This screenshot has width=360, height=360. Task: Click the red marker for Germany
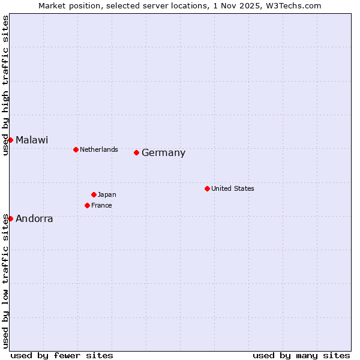(x=137, y=152)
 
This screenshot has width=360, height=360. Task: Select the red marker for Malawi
(x=10, y=140)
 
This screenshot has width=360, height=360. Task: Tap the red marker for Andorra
(x=10, y=218)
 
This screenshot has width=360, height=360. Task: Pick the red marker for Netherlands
(x=76, y=149)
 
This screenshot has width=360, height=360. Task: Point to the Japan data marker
(x=94, y=194)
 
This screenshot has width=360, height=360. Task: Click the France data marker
(x=88, y=205)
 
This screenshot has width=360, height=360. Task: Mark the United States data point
(x=207, y=188)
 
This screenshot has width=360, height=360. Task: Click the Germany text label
(x=163, y=153)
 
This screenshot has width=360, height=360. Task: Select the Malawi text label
(x=32, y=140)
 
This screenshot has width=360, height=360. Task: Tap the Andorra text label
(x=34, y=219)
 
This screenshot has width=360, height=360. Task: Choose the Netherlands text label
(x=99, y=149)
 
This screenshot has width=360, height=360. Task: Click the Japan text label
(x=107, y=194)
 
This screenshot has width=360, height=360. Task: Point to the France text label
(x=101, y=205)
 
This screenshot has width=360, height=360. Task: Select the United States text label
(x=233, y=188)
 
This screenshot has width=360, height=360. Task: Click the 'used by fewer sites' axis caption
(x=62, y=355)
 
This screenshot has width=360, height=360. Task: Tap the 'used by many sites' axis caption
(x=301, y=355)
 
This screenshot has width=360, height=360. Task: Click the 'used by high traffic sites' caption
(x=5, y=85)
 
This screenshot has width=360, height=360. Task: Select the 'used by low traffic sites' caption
(x=5, y=281)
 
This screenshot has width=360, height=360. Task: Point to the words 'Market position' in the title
(x=63, y=5)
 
